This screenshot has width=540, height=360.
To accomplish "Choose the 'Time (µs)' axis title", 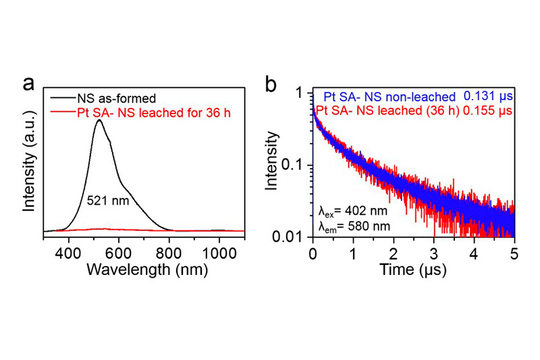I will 413,268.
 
